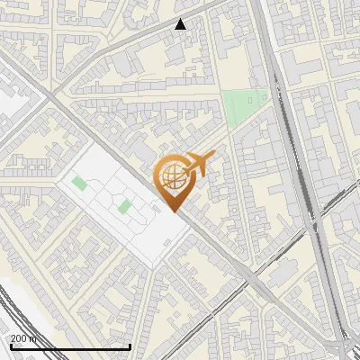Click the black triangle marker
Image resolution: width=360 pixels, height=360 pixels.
(x=181, y=24)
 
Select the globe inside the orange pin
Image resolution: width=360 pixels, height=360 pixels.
(x=172, y=177)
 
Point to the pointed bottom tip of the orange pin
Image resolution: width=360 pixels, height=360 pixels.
(x=174, y=211)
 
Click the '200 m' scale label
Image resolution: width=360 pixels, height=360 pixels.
(x=23, y=337)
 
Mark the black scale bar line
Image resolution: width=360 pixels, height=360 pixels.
(x=70, y=346)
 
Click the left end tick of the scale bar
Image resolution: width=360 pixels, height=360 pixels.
(x=11, y=346)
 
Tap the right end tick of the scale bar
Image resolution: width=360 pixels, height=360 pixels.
(x=130, y=346)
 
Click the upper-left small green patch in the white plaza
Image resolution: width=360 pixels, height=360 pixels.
(x=79, y=184)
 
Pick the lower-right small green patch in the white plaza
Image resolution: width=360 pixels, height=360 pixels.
(x=125, y=208)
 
